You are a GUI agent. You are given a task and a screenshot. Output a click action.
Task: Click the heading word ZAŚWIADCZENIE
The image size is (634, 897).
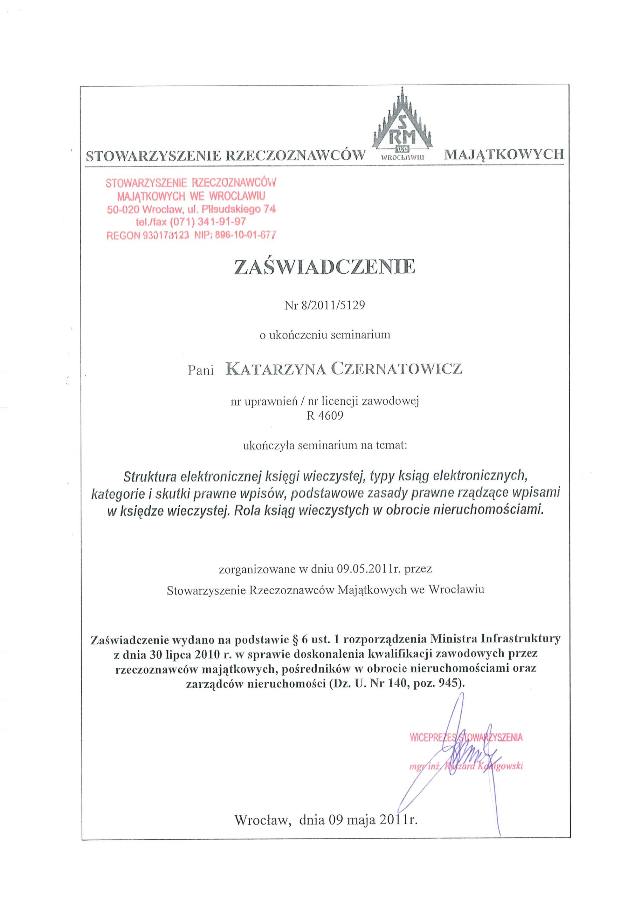point(324,267)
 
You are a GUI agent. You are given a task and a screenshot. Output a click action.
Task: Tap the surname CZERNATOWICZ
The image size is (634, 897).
point(397,368)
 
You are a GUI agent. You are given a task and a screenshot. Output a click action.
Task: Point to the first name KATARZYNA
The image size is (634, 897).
point(276,368)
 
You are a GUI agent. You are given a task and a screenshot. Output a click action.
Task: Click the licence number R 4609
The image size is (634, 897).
point(325,415)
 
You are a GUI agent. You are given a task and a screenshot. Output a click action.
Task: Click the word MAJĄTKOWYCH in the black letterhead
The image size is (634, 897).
point(504,155)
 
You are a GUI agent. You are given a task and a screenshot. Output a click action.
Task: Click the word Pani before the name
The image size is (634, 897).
point(201,370)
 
